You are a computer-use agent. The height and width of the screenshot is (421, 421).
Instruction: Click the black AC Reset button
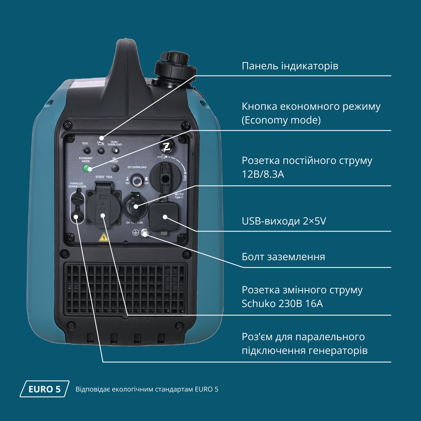point(115,168)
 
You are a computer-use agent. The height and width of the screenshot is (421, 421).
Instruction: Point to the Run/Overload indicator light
point(115,151)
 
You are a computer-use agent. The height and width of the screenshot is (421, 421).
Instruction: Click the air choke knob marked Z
point(167,146)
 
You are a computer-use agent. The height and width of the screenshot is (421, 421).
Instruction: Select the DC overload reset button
point(137,181)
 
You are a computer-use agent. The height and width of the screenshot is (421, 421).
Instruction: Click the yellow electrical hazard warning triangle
point(104,238)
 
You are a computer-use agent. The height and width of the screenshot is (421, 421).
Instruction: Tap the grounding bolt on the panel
point(145,233)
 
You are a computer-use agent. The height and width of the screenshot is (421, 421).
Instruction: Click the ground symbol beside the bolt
point(136,232)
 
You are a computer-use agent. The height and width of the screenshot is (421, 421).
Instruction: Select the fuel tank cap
point(171,66)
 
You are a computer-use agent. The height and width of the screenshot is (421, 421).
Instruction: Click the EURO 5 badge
point(44,389)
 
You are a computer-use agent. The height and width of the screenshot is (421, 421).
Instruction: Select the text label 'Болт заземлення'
point(283,257)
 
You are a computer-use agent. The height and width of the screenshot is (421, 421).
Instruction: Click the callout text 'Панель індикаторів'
point(290,66)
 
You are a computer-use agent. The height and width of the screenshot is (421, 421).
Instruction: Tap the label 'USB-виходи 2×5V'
point(284,221)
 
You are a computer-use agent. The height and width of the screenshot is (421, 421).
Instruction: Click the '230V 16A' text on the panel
point(104,177)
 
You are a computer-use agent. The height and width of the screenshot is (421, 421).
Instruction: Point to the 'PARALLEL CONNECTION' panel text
point(77,185)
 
